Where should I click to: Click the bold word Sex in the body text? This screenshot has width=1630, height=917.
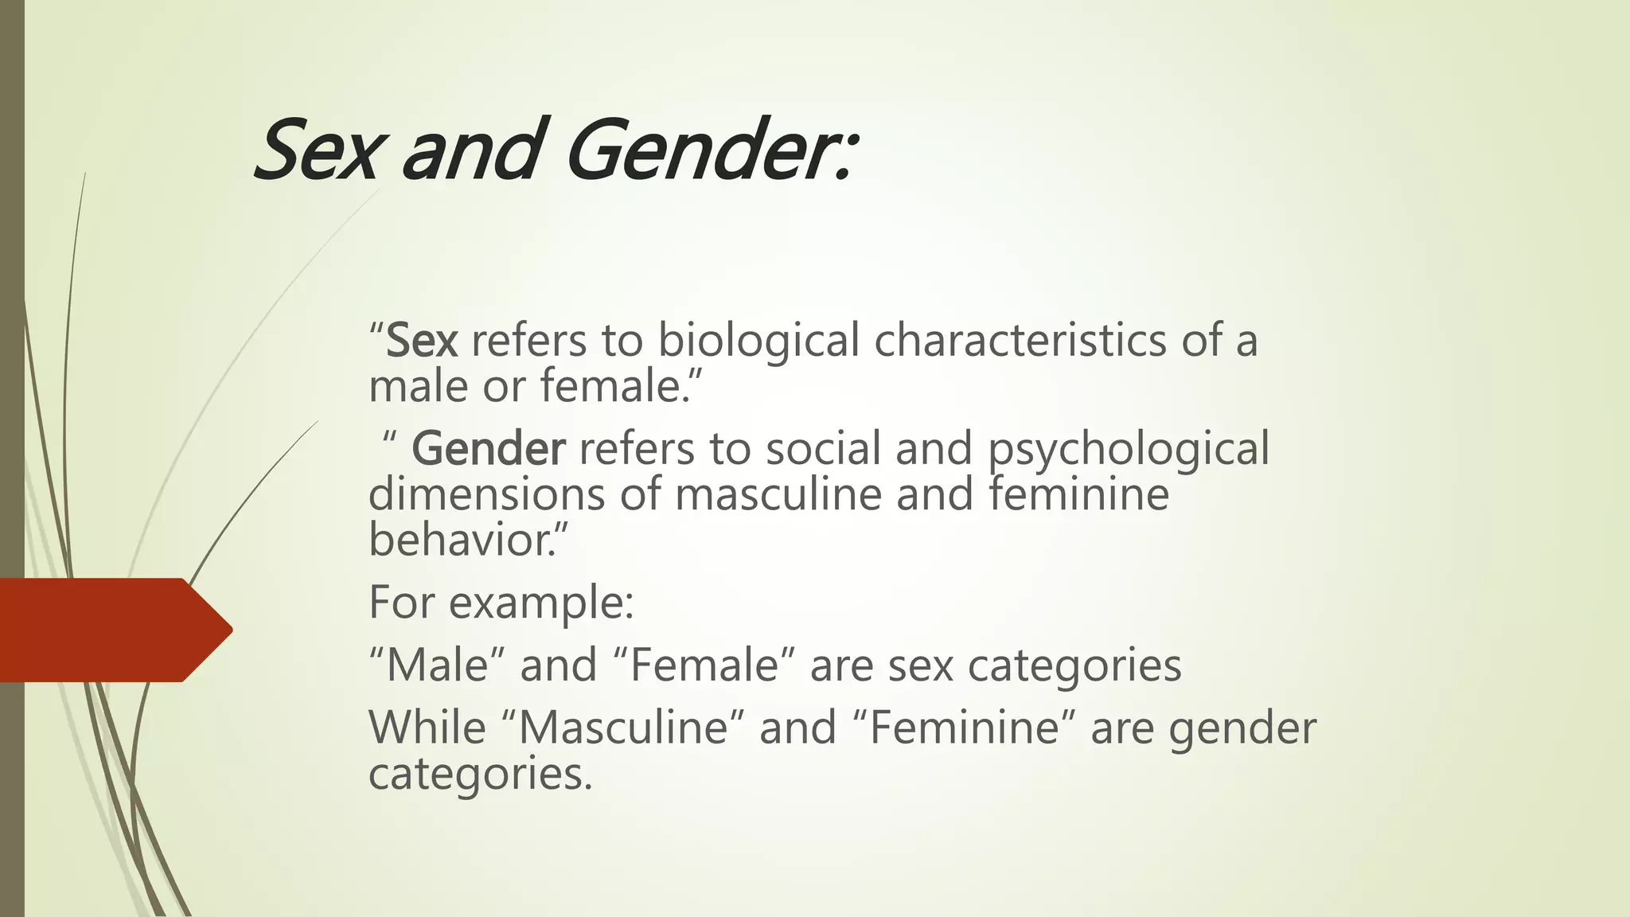422,341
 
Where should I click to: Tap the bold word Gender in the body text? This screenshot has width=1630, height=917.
488,448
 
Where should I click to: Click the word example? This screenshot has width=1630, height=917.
541,603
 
